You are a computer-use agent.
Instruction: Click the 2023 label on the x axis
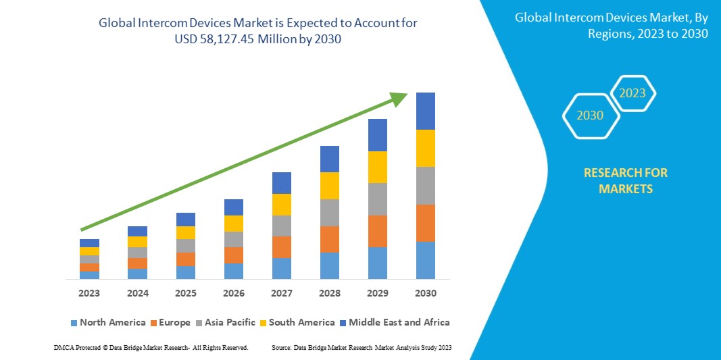pos(89,293)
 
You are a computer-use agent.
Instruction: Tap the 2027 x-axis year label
pos(282,293)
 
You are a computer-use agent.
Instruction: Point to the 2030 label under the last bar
pos(426,293)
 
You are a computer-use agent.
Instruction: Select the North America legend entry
pos(107,322)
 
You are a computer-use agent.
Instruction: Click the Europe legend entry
pos(171,322)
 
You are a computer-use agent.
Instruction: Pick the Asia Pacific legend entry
pos(226,322)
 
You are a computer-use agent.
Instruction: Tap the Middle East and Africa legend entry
pos(393,322)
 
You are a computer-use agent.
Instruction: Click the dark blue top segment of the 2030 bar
pos(426,111)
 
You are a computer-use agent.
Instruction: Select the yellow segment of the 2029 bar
pos(378,167)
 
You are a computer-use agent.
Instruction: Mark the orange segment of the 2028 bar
pos(330,239)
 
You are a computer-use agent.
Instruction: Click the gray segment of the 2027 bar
pos(282,226)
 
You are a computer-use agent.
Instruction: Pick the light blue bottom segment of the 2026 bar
pos(234,271)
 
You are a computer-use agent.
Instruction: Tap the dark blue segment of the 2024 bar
pos(137,231)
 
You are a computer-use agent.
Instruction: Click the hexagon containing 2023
pos(632,93)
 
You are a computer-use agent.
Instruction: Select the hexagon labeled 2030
pos(590,115)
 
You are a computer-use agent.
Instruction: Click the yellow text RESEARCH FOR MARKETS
pos(625,180)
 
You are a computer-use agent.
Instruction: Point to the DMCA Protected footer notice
pos(151,347)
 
